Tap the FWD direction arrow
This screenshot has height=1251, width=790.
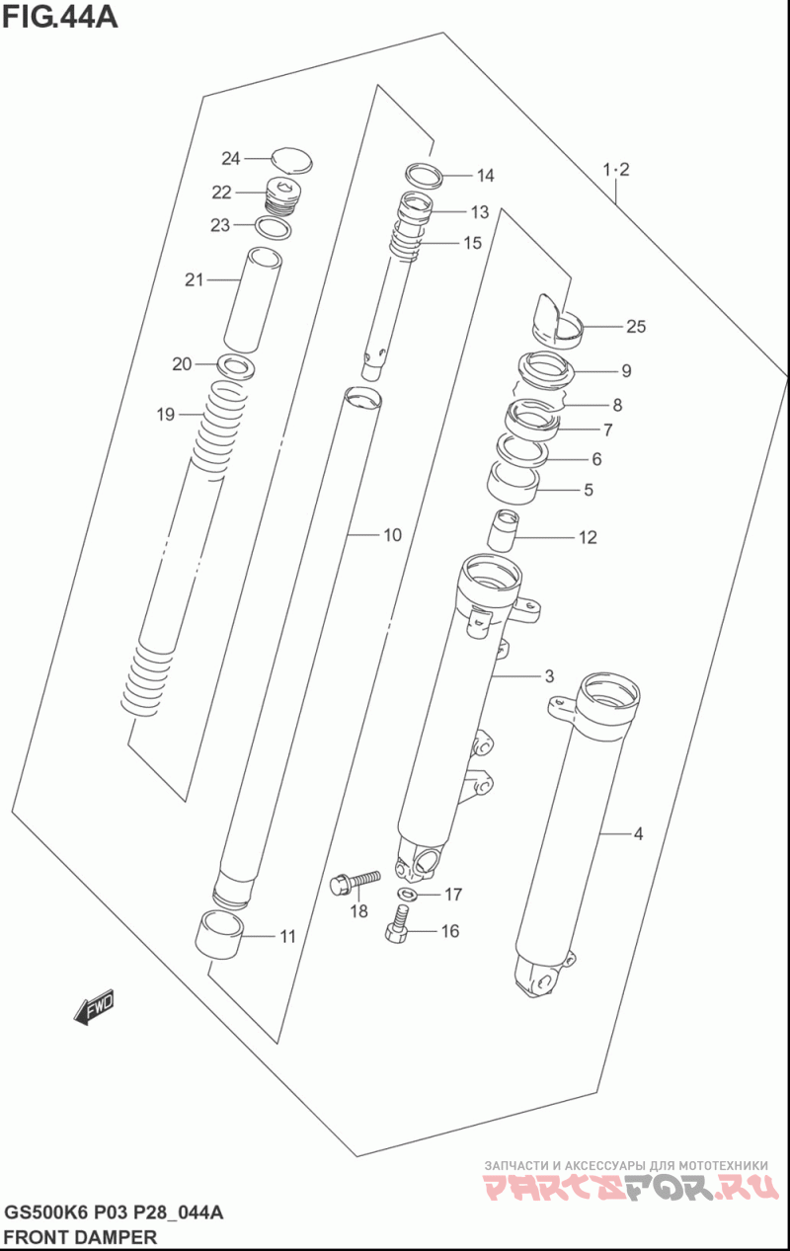point(95,1007)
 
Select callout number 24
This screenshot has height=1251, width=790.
point(231,158)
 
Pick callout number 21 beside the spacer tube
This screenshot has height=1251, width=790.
point(194,279)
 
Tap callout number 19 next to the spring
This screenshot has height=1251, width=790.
point(165,415)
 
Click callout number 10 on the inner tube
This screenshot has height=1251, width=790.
point(392,535)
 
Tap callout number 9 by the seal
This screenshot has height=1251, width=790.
point(626,371)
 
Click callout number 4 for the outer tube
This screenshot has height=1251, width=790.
point(638,834)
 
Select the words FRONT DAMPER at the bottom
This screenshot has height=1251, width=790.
point(80,1236)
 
